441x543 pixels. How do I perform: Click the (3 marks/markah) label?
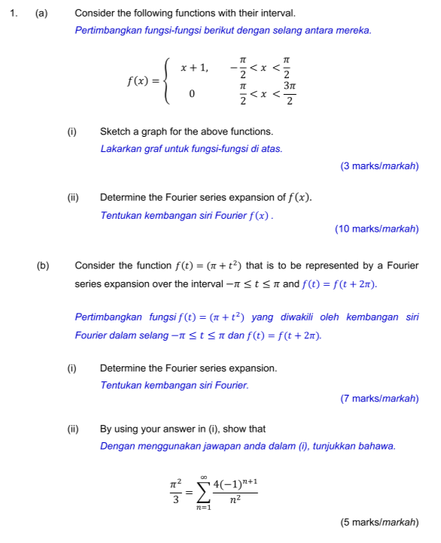tap(379, 165)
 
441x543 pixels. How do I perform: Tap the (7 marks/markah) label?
tap(379, 399)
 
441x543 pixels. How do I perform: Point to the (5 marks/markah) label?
tap(379, 523)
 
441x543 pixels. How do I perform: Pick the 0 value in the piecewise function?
tap(193, 95)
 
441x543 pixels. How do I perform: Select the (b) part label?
tap(42, 265)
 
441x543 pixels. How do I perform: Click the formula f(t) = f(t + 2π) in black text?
tap(339, 284)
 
